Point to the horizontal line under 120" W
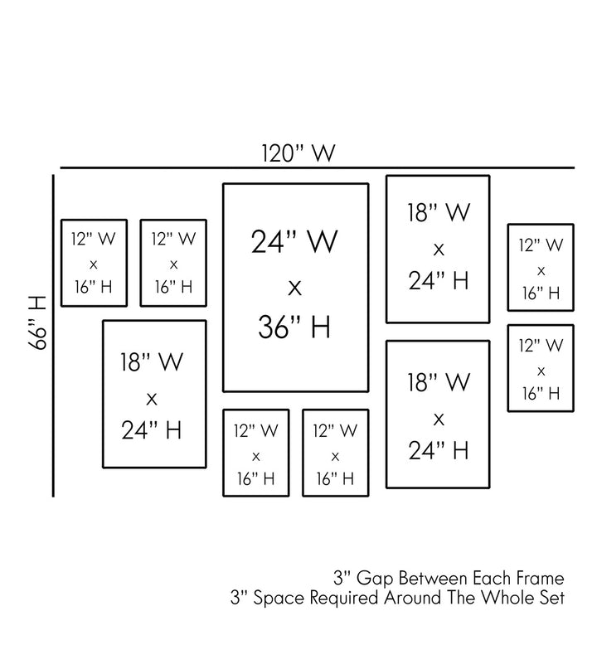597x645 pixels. point(315,167)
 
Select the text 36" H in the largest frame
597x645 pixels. point(294,327)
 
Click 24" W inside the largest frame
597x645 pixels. point(294,244)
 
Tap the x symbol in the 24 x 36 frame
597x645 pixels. point(294,287)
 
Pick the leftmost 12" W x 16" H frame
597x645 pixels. point(93,263)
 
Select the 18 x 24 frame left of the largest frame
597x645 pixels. point(153,395)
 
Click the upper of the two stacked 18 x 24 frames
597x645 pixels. point(438,248)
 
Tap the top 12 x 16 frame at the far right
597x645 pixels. point(541,268)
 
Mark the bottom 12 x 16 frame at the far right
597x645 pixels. point(541,367)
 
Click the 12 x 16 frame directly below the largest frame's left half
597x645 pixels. point(255,453)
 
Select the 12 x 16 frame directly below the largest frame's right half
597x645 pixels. point(335,453)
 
